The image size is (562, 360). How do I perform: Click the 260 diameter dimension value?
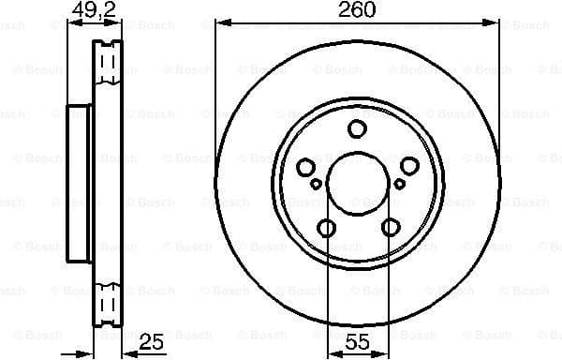[x=357, y=10]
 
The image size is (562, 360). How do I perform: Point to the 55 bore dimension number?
[x=356, y=343]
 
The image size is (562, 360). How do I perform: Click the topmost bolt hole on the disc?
[x=357, y=129]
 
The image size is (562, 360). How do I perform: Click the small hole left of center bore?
[x=317, y=184]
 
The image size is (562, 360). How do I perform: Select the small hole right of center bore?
[x=398, y=184]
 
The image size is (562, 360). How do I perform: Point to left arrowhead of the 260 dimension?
[x=219, y=22]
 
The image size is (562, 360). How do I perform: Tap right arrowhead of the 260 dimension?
[x=495, y=22]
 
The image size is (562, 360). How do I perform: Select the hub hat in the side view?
[x=80, y=183]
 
